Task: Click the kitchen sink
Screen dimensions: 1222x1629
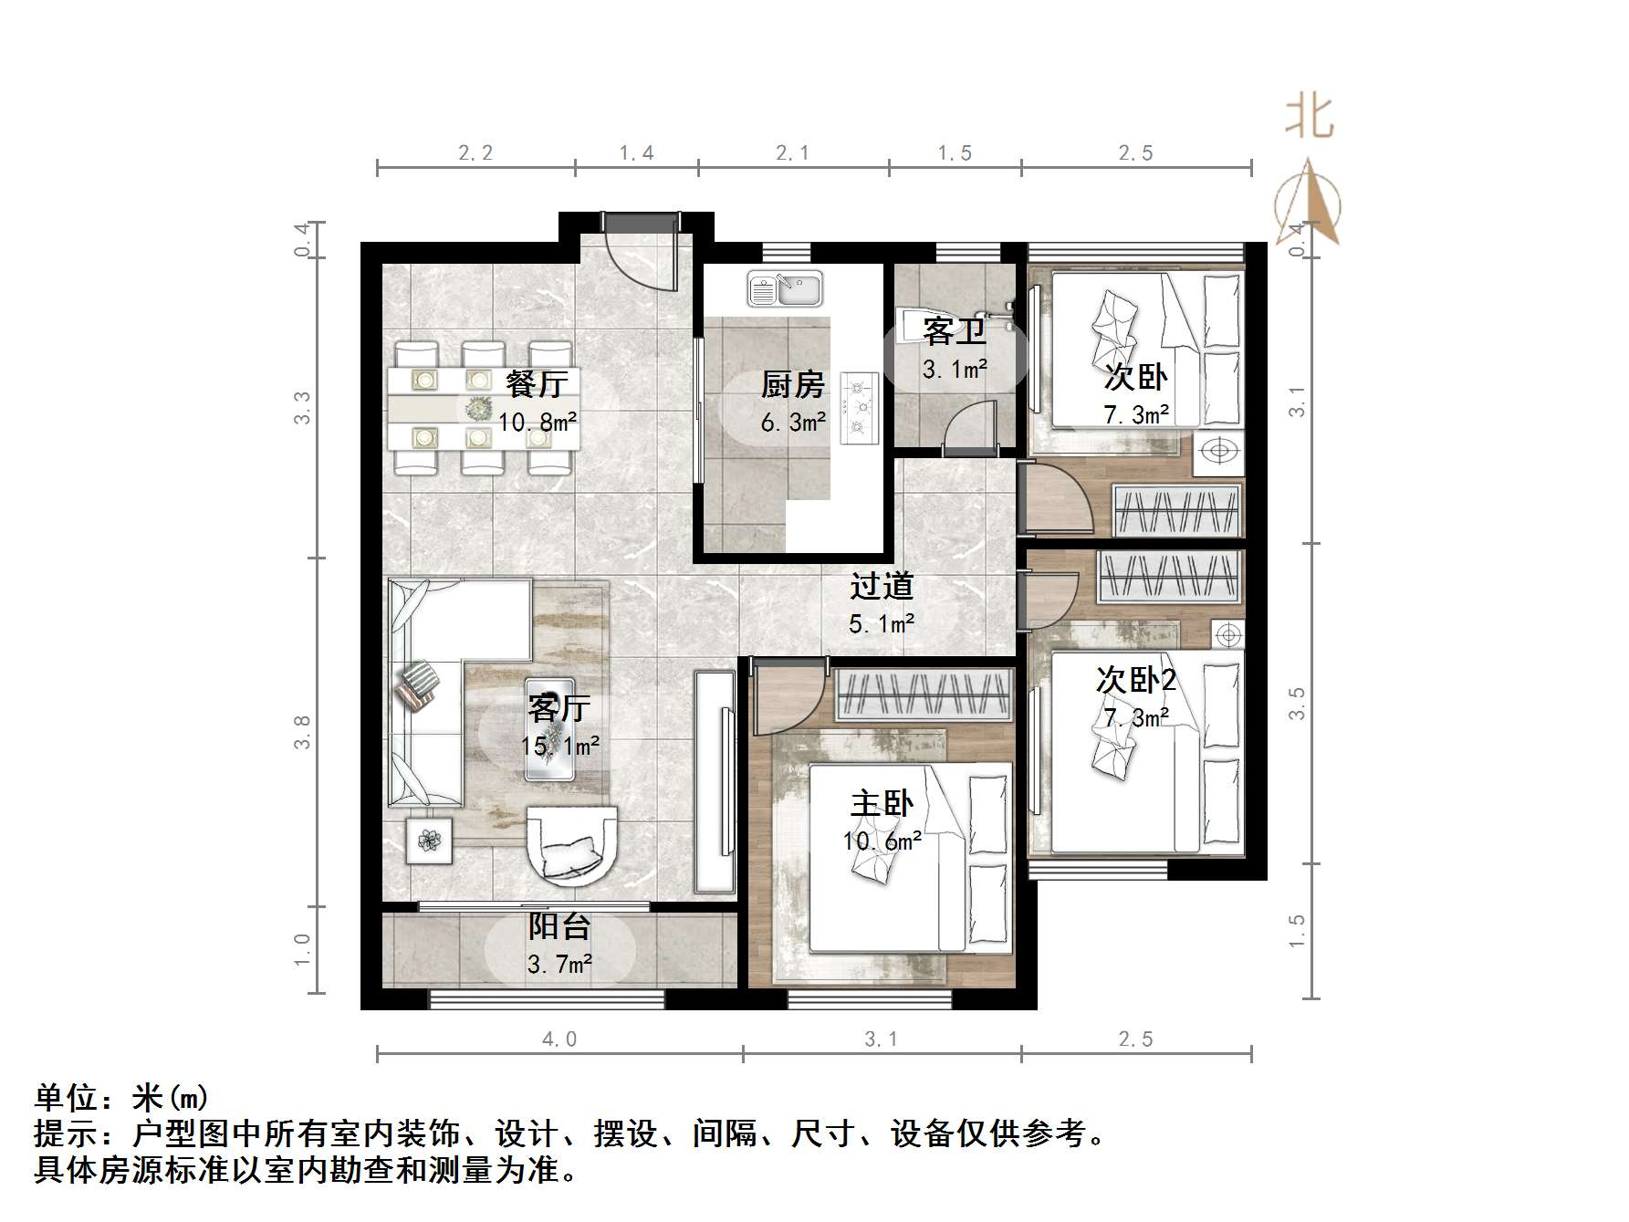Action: pos(785,290)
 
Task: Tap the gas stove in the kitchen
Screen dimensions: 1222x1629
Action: pos(858,407)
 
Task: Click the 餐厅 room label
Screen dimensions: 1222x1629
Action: pos(537,383)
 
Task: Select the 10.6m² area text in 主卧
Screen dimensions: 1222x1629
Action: pos(882,841)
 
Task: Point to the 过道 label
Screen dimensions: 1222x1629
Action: pos(882,586)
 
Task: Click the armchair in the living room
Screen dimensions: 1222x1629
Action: pos(572,846)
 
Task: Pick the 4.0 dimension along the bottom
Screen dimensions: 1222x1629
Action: pos(559,1039)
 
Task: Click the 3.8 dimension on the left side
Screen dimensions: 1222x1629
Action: pos(302,732)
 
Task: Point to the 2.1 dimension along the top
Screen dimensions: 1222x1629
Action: pos(792,153)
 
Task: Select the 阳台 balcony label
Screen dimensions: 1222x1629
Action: pos(559,927)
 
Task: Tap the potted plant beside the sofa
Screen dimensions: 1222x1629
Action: pos(429,839)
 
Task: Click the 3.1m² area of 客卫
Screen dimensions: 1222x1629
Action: pos(955,370)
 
